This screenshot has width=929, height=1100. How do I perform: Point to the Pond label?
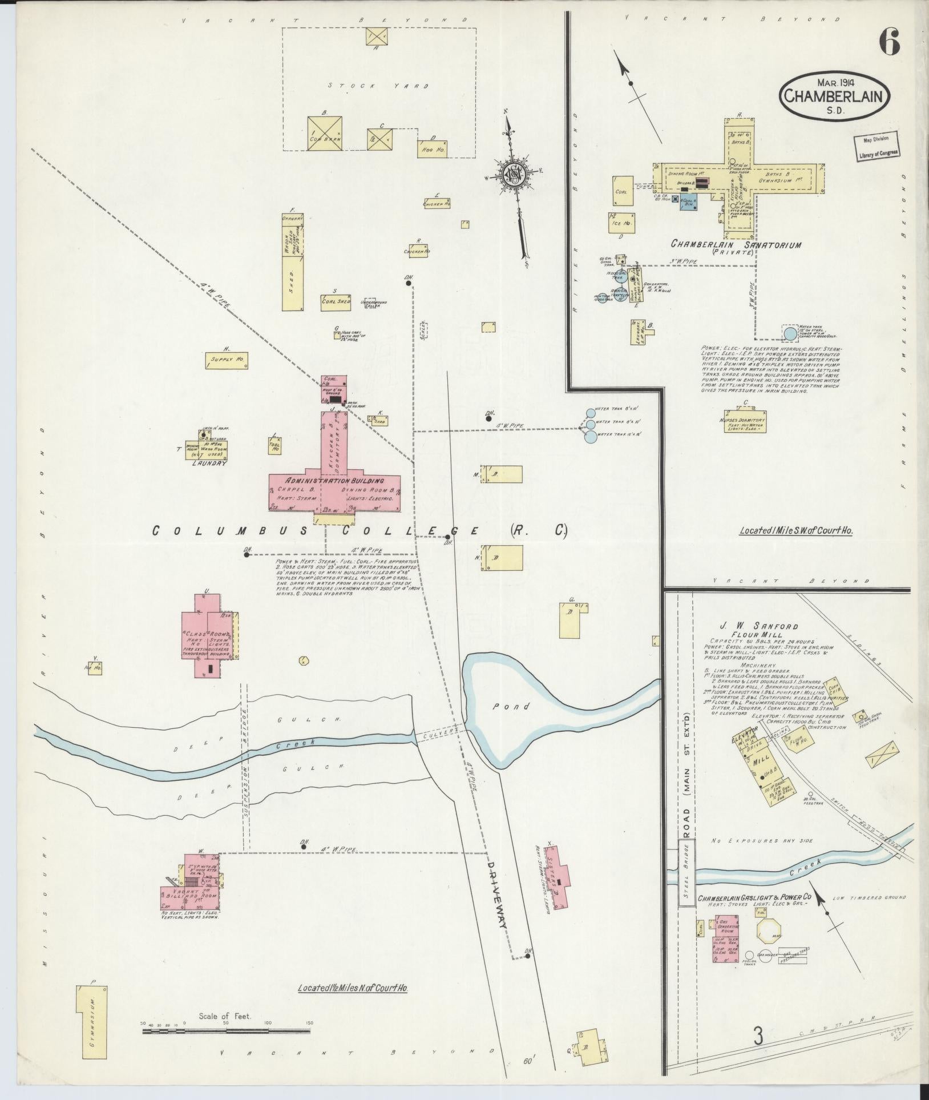click(x=518, y=707)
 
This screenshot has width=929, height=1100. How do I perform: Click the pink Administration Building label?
click(x=334, y=480)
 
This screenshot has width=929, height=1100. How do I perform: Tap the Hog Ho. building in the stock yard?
click(x=431, y=148)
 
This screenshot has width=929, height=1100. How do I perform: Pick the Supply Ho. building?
click(x=227, y=360)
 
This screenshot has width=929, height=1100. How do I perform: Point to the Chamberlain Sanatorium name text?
click(x=736, y=245)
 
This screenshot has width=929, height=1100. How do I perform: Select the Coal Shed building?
click(x=336, y=301)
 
